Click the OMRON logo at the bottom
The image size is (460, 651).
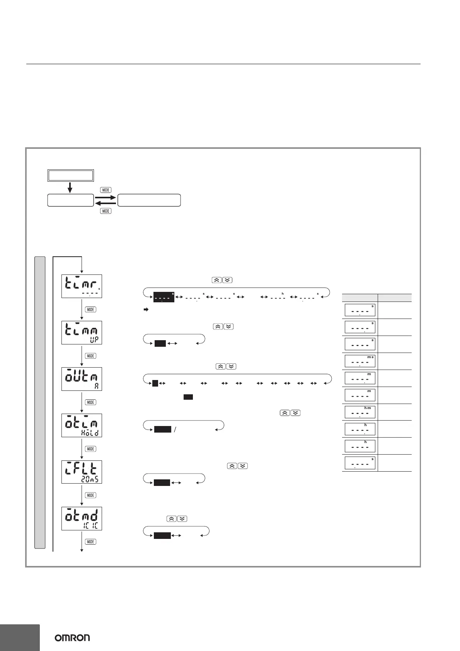[x=72, y=637]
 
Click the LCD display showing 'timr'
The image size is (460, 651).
[x=82, y=286]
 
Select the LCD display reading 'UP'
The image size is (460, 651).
[x=82, y=332]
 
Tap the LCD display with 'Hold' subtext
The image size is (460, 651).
[x=82, y=425]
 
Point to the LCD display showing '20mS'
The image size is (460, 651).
[x=82, y=472]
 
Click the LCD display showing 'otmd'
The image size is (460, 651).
[x=82, y=518]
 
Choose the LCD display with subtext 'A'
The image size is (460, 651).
[x=82, y=379]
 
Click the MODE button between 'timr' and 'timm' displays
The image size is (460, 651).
[x=90, y=309]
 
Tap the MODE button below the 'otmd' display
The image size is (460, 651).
[x=90, y=542]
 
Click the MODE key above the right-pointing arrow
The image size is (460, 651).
[x=106, y=190]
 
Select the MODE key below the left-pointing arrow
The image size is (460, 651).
[x=106, y=211]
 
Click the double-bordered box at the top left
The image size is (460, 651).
[x=70, y=175]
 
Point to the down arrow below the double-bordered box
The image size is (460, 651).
[x=70, y=187]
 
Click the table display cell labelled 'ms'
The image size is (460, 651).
[x=360, y=361]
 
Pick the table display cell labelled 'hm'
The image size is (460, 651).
[x=360, y=412]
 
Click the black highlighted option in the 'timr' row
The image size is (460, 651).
[x=164, y=297]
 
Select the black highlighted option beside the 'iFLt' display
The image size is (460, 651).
[x=162, y=482]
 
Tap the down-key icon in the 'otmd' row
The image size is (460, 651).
[x=182, y=519]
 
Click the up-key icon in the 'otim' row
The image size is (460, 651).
[x=284, y=413]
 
